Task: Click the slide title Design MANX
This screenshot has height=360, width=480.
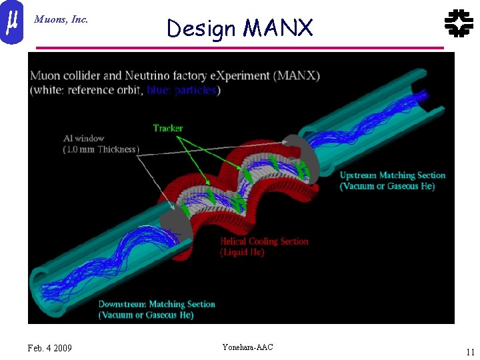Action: pos(239,28)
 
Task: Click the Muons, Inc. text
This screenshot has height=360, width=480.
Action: pos(61,19)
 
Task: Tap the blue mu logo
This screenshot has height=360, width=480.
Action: pos(11,21)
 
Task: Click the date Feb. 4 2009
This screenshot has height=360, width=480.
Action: pos(50,348)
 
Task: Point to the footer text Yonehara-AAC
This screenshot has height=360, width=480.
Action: pos(247,347)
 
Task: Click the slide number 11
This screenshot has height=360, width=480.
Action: pos(470,352)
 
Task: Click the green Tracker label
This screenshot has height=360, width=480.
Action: pos(167,128)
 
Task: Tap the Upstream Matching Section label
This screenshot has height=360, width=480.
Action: pos(392,175)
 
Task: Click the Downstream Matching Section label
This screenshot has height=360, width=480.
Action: pos(157,304)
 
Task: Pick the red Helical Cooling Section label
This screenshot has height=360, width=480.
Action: pos(264,241)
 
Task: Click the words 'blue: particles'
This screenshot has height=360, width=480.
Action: pos(181,90)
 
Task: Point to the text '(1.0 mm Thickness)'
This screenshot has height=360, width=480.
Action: pos(101,149)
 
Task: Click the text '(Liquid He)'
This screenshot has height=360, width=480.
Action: pos(242,252)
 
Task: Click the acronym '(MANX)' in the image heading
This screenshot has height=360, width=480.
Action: pos(298,76)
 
